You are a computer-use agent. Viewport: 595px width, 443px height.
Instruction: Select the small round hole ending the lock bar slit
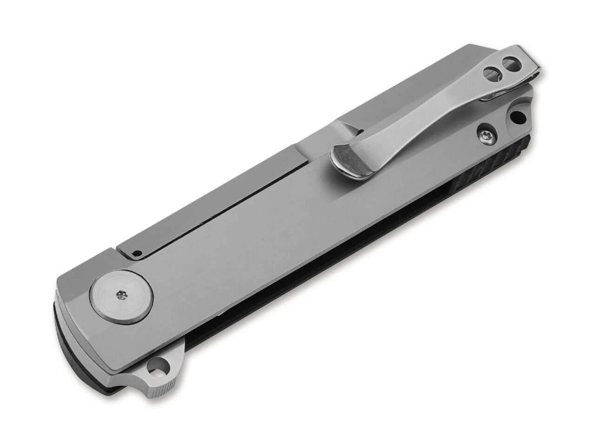pyautogui.click(x=136, y=253)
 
